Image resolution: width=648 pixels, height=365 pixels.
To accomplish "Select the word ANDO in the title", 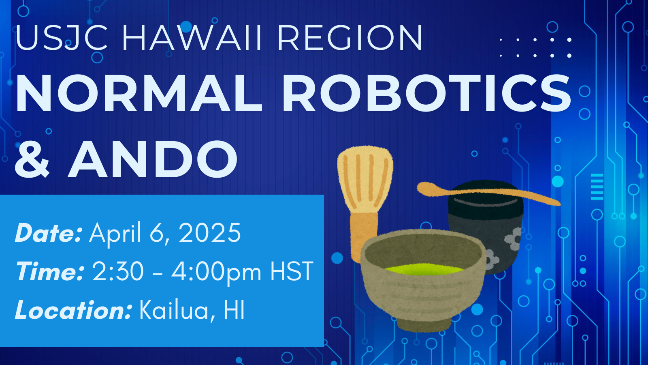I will [153, 159].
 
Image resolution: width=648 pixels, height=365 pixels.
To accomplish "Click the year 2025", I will [210, 233].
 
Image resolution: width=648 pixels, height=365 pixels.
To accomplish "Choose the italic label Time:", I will [49, 271].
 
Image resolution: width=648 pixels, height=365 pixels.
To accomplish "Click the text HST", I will [292, 271].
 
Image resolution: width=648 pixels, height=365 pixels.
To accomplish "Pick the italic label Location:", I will [73, 310].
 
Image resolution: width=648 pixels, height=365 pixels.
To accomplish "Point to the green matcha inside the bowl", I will [423, 269].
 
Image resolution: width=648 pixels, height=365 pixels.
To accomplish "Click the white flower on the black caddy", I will [513, 239].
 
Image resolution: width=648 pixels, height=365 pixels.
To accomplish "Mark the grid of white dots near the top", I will [535, 47].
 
